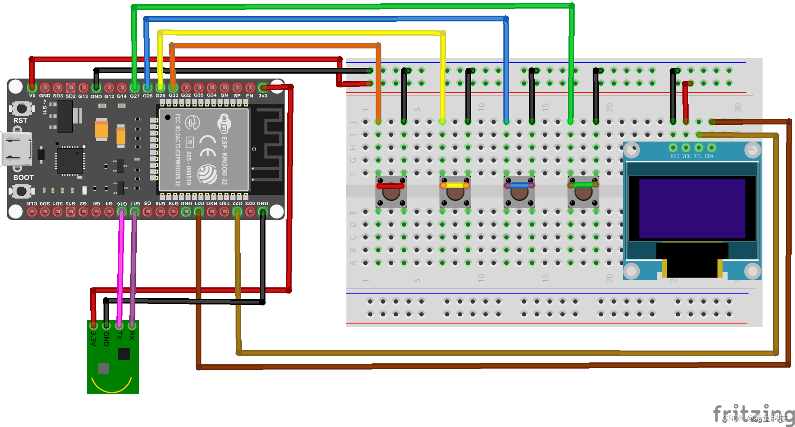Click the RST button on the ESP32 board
coord(21,109)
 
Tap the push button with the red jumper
coord(391,192)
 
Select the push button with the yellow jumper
coord(455,192)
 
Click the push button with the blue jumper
coord(519,192)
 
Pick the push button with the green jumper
coord(583,192)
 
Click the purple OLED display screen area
coord(691,208)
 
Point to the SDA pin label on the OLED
coord(709,156)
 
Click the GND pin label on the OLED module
coord(674,156)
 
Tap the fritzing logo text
coord(753,414)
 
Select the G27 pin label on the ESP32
coord(135,96)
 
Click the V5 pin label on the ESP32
coord(32,95)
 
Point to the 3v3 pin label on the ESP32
coord(263,96)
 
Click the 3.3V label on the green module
coord(94,338)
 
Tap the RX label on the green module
coord(132,335)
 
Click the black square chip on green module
coord(124,354)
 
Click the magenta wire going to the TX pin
coord(121,266)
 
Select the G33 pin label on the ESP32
coord(173,95)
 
